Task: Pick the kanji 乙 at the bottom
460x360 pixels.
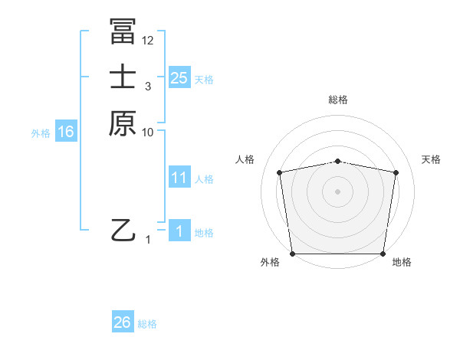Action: (x=123, y=229)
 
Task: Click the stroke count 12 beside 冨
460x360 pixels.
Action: (x=148, y=40)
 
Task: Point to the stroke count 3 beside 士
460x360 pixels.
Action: (x=148, y=87)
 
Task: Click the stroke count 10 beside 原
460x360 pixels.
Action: (x=148, y=132)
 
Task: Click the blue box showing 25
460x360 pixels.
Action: (x=179, y=77)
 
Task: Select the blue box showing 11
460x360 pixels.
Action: (x=179, y=178)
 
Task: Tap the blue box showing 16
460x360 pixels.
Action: (x=65, y=132)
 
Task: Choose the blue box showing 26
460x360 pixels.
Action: (x=123, y=322)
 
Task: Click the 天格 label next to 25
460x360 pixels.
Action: (x=204, y=79)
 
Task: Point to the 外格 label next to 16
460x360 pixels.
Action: (x=41, y=133)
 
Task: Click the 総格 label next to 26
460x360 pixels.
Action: (x=147, y=324)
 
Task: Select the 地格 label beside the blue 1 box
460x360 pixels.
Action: (x=204, y=233)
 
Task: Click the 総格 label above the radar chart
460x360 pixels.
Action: (x=338, y=100)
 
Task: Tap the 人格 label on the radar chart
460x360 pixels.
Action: (x=245, y=159)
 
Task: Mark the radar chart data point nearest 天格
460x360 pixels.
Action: (x=396, y=172)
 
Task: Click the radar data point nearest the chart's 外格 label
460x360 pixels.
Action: (x=292, y=254)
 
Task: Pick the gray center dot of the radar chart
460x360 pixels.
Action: (x=338, y=191)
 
